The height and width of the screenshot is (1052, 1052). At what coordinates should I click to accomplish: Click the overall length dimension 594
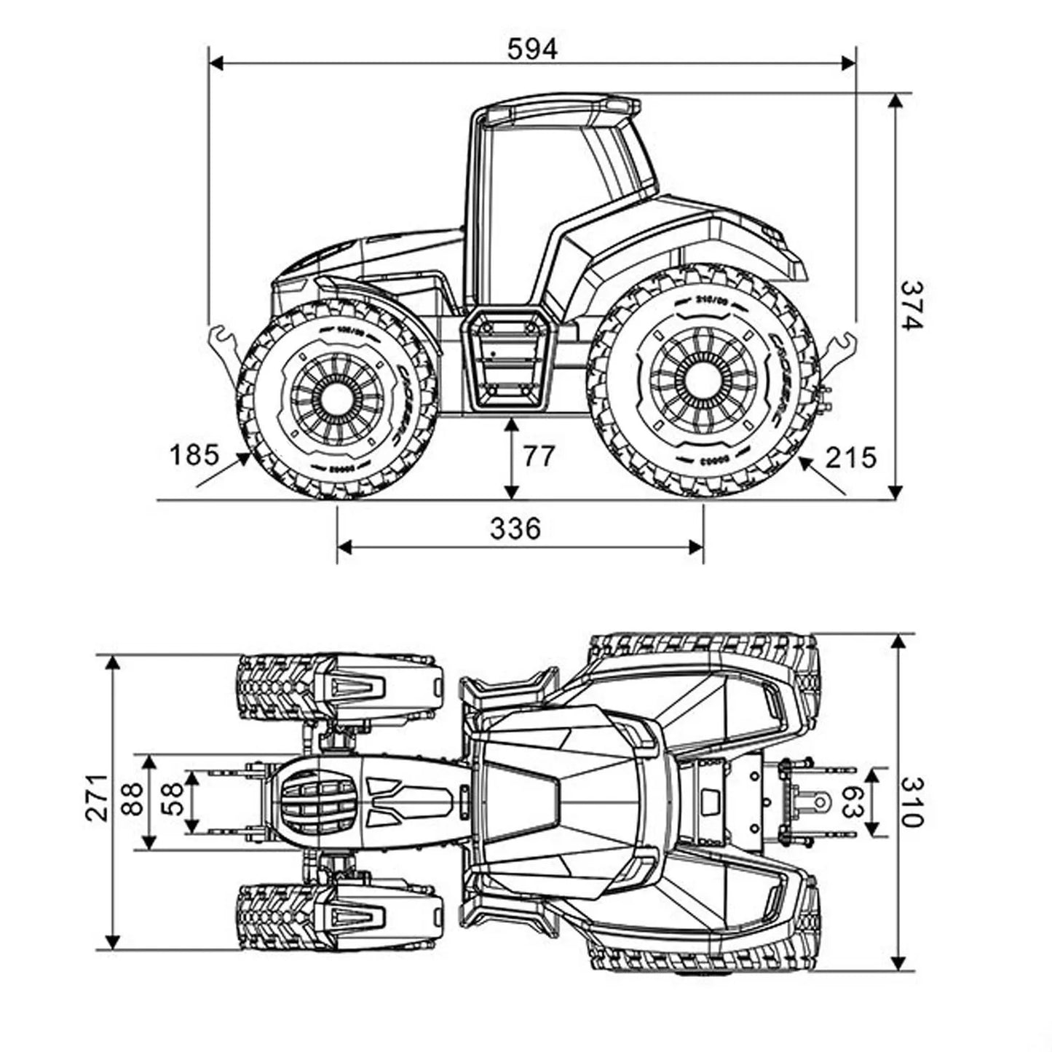532,49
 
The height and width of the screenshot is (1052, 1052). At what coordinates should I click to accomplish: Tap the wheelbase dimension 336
515,528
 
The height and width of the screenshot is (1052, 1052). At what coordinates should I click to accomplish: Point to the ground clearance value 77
539,456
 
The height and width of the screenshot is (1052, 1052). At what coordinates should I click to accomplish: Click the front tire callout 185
194,455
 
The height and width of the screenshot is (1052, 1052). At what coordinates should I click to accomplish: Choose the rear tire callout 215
850,457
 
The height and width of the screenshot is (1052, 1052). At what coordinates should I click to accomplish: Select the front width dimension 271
98,798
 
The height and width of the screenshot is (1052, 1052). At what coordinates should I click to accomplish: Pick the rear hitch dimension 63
850,802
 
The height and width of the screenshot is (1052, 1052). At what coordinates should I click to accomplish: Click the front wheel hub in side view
336,398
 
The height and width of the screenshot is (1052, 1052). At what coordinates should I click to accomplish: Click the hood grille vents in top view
319,802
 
